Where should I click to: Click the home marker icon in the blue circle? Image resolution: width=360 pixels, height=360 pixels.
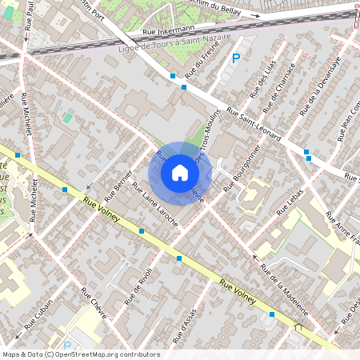[179, 172]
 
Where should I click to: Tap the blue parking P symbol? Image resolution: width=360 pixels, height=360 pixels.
[236, 58]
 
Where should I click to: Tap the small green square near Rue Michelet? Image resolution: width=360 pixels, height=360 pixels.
[67, 118]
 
